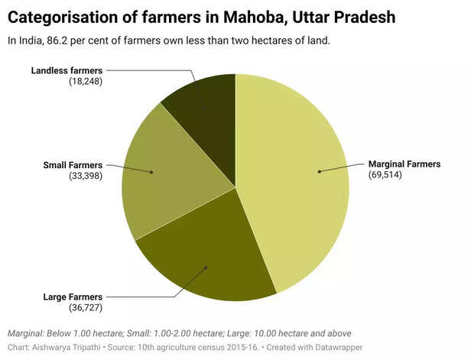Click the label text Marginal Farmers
pyautogui.click(x=404, y=164)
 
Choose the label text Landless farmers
pyautogui.click(x=67, y=70)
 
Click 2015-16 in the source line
pyautogui.click(x=236, y=348)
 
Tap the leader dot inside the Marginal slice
pyautogui.click(x=319, y=171)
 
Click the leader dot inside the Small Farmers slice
pyautogui.click(x=151, y=172)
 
